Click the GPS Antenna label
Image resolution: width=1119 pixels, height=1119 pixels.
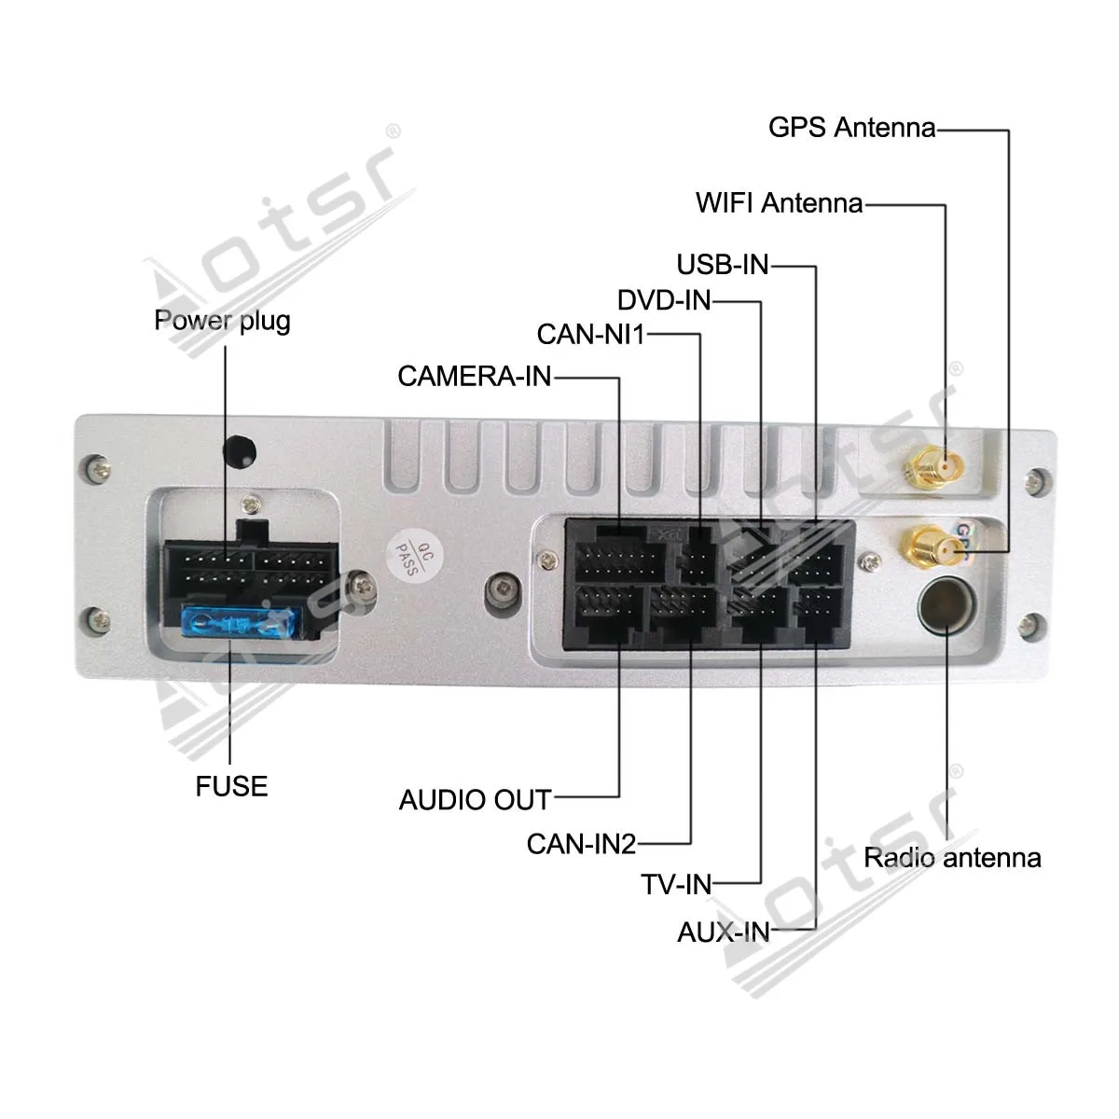click(x=851, y=127)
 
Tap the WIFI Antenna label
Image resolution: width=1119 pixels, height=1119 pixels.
click(x=779, y=202)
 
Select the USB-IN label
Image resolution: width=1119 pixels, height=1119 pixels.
click(x=723, y=265)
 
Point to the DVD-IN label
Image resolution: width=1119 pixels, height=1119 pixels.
click(x=664, y=300)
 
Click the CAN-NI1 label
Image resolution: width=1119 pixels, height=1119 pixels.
click(x=590, y=334)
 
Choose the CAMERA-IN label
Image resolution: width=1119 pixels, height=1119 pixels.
click(x=475, y=376)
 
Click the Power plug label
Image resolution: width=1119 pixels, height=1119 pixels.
click(x=222, y=321)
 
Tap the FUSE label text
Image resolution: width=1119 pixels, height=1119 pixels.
click(x=231, y=786)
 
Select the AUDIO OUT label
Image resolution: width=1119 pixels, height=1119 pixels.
click(x=475, y=799)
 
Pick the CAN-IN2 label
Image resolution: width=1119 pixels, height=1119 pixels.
click(x=581, y=844)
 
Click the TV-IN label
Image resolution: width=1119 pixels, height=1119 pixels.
click(x=676, y=884)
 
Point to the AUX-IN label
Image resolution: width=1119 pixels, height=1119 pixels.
click(x=724, y=932)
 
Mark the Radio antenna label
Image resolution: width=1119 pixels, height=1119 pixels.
click(x=952, y=858)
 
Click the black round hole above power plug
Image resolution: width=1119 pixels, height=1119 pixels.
click(x=240, y=450)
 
